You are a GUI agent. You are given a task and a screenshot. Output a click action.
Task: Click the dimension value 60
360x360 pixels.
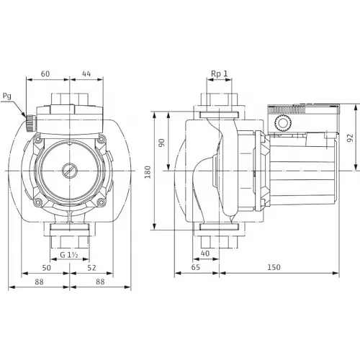coord(45,73)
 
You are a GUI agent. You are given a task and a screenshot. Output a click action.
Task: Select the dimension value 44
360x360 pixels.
coord(86,73)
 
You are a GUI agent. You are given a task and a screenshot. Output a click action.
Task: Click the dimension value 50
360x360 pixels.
coord(48,268)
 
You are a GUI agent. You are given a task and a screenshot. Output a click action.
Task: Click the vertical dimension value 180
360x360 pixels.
coord(148,172)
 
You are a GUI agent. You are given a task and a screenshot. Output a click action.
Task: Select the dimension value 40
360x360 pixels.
coord(205,253)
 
